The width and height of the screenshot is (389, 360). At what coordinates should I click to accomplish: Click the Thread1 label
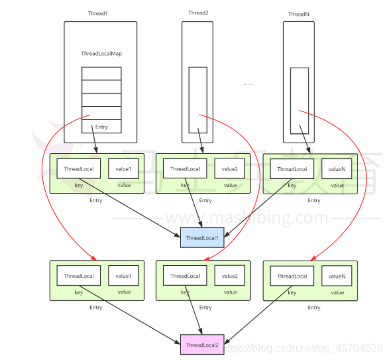point(97,13)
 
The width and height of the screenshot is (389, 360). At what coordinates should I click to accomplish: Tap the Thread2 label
point(198,13)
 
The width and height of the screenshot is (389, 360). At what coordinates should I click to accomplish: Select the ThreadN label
point(299,14)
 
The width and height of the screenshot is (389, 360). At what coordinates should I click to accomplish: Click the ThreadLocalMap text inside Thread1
point(101,54)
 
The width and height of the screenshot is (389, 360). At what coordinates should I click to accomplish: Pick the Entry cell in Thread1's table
point(101,127)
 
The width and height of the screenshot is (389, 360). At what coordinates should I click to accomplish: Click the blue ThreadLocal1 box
point(202,237)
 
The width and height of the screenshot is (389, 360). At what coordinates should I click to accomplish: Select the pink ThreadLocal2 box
point(202,345)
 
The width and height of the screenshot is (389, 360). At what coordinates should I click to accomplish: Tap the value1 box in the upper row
point(123,169)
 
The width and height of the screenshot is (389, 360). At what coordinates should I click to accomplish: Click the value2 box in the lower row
point(229,276)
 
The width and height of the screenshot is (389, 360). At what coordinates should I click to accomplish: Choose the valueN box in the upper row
point(337,169)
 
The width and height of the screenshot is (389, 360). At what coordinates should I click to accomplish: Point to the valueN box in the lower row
point(337,276)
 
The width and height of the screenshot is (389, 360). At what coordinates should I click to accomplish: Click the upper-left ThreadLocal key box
point(79,169)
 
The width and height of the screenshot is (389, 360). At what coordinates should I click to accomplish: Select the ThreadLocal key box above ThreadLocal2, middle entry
point(185,276)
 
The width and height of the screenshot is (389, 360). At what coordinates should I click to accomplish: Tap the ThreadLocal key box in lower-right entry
point(292,276)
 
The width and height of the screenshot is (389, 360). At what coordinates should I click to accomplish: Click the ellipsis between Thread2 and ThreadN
point(248,84)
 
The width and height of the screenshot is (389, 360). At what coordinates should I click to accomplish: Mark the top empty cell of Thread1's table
point(101,74)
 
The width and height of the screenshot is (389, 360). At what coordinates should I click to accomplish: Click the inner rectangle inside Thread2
point(189,100)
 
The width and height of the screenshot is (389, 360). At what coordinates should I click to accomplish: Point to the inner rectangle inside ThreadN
point(291,101)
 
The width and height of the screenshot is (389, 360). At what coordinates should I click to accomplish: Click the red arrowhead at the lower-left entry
point(94,258)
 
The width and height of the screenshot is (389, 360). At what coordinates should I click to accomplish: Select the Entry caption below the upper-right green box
point(314,200)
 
